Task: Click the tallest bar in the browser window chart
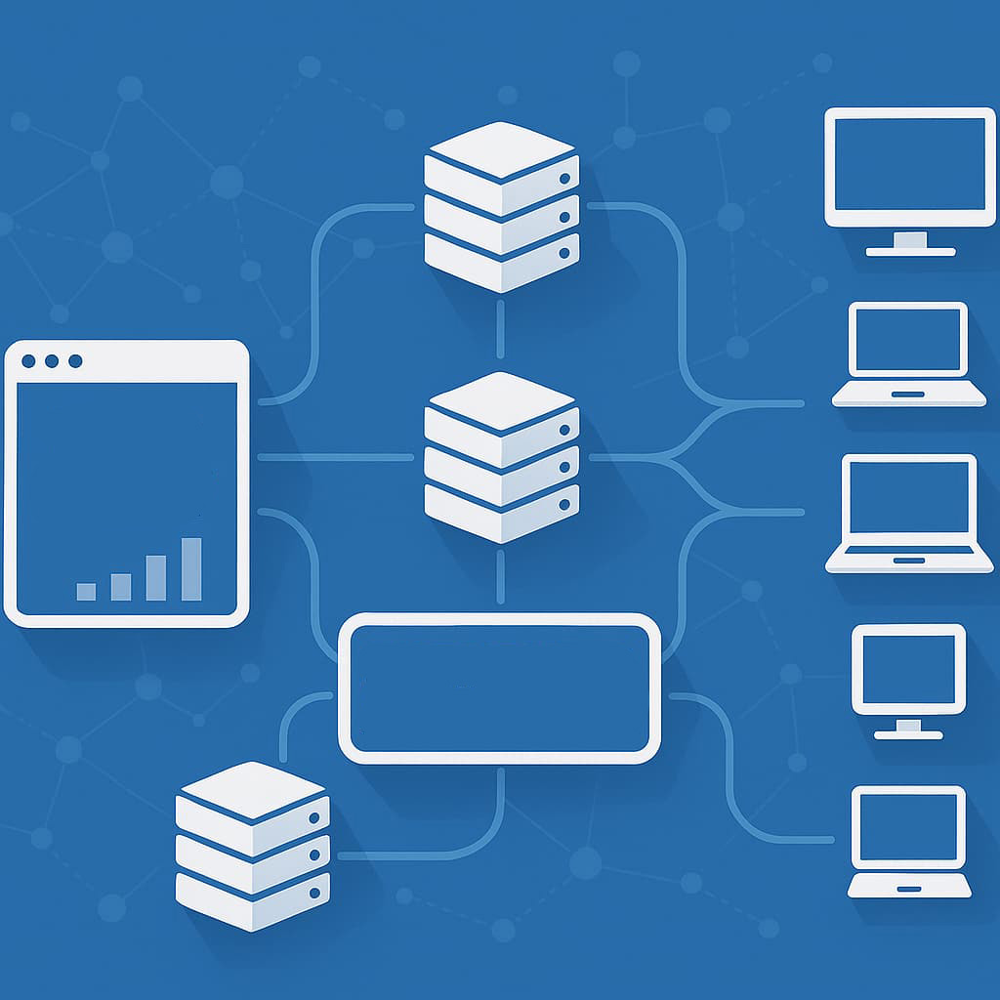click(191, 568)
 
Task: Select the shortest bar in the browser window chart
click(86, 591)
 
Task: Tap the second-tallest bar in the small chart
click(155, 576)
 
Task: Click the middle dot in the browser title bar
click(52, 361)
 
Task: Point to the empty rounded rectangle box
click(499, 688)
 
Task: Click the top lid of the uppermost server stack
click(501, 149)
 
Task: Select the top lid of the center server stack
click(501, 400)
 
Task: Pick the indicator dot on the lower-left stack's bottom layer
click(314, 893)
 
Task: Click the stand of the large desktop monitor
click(910, 243)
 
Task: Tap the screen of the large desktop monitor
click(909, 167)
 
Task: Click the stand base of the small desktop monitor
click(908, 733)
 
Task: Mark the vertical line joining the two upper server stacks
click(501, 330)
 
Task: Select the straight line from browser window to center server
click(332, 456)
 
